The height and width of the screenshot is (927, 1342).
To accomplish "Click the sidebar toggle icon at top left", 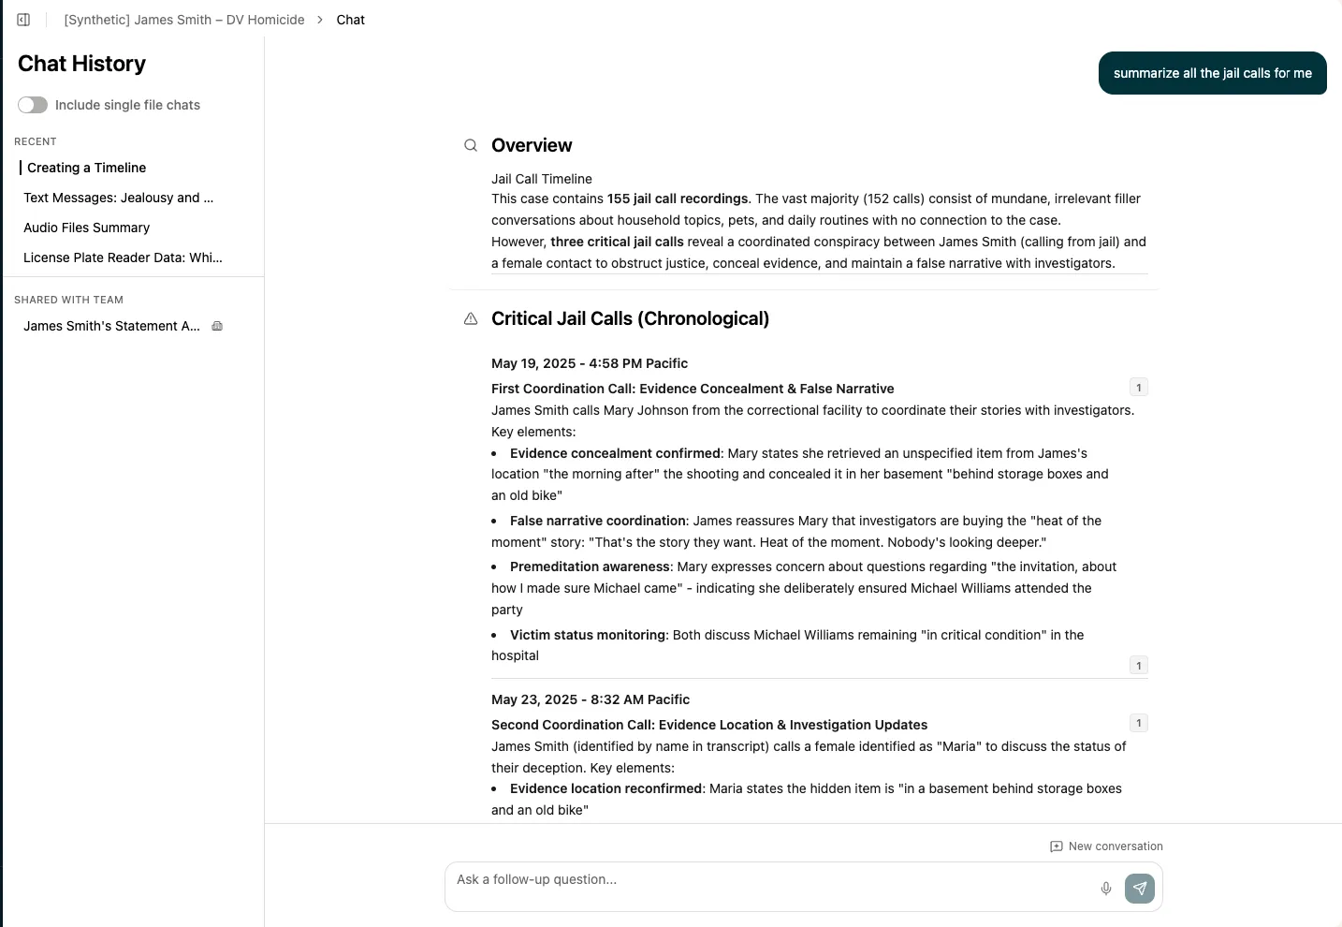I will (x=23, y=20).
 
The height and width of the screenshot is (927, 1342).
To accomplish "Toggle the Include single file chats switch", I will (x=33, y=105).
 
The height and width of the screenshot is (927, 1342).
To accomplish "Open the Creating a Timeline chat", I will (x=86, y=168).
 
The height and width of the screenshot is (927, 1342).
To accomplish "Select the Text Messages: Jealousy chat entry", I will (x=118, y=198).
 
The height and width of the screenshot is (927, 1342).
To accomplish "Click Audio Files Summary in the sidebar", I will (x=86, y=228).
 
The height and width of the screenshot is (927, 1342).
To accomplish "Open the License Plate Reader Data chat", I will (x=123, y=257).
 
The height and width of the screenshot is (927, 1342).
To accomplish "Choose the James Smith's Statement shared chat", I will (x=111, y=326).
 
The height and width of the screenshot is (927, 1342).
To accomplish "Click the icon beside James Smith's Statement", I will (x=217, y=326).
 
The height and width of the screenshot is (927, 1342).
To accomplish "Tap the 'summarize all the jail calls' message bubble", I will (x=1212, y=73).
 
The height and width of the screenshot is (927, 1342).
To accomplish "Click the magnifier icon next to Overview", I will (x=471, y=145).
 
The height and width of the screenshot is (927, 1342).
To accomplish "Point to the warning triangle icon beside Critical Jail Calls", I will (x=471, y=319).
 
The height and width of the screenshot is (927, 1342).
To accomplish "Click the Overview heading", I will (x=532, y=145).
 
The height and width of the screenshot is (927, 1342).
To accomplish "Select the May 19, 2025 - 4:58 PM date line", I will (x=589, y=363).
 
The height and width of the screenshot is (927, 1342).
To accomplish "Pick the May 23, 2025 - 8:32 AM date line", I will (x=590, y=699).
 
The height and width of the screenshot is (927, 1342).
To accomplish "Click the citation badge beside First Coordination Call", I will (x=1138, y=388).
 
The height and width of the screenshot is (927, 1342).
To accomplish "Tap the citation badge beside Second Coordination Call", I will (x=1138, y=723).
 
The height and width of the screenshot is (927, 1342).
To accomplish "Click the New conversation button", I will (x=1106, y=846).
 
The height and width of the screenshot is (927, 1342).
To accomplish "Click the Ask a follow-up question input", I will (x=767, y=880).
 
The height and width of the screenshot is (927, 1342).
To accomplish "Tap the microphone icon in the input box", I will (x=1106, y=889).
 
